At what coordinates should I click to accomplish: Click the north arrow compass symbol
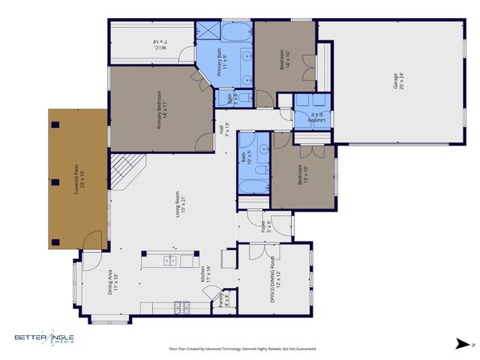click(x=465, y=344)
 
